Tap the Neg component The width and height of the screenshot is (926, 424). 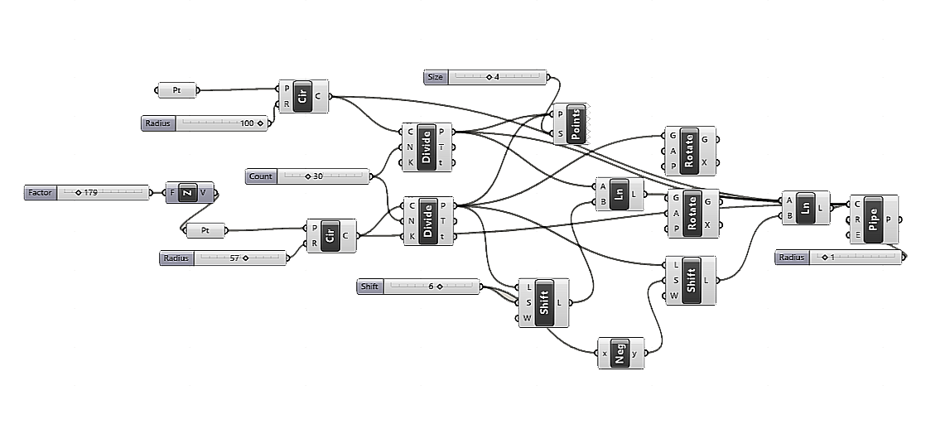(620, 354)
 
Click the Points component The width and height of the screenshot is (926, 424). (576, 123)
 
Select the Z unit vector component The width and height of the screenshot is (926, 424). (187, 193)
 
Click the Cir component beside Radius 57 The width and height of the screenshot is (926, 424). (330, 235)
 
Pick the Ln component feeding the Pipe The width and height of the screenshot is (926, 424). (803, 208)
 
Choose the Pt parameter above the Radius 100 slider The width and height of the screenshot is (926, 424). (176, 89)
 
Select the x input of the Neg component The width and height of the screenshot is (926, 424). (604, 354)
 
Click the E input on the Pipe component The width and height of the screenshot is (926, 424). (856, 235)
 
